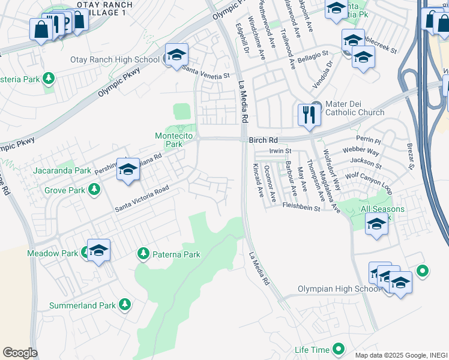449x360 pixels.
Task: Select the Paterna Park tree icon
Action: point(143,254)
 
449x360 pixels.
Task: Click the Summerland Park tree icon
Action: point(125,305)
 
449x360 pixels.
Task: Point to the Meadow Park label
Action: point(52,253)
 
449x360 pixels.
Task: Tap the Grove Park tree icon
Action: point(94,191)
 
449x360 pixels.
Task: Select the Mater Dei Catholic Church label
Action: point(354,107)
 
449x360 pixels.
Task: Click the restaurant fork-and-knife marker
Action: point(309,114)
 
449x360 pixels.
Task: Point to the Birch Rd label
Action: point(264,140)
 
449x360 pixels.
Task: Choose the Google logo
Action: point(20,353)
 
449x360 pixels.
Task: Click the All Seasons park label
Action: point(382,209)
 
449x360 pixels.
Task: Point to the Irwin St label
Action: point(280,151)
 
